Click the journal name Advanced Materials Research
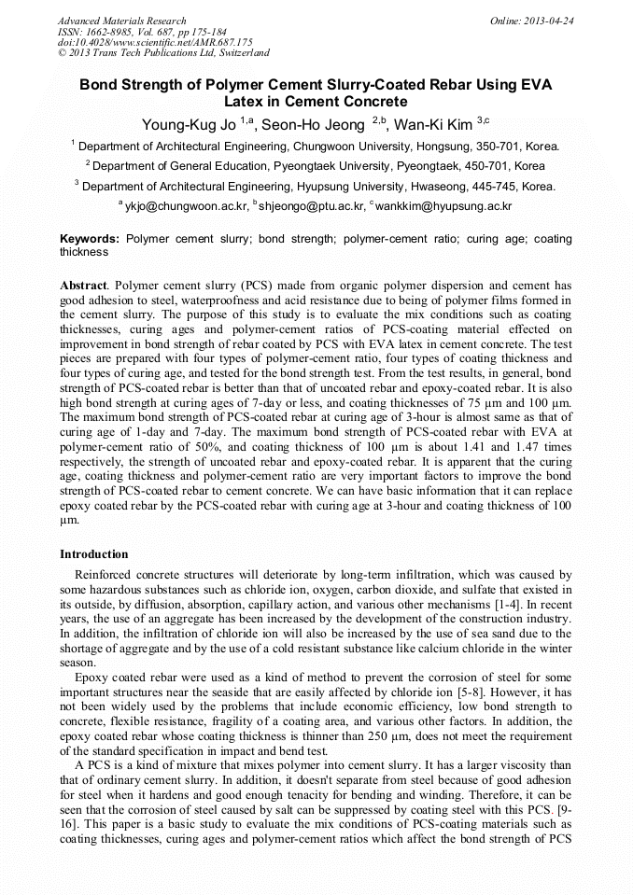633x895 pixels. click(121, 21)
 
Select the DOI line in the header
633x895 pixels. click(155, 42)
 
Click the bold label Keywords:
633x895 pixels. click(90, 239)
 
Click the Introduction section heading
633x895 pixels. click(94, 554)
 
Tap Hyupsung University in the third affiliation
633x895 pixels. click(347, 186)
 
